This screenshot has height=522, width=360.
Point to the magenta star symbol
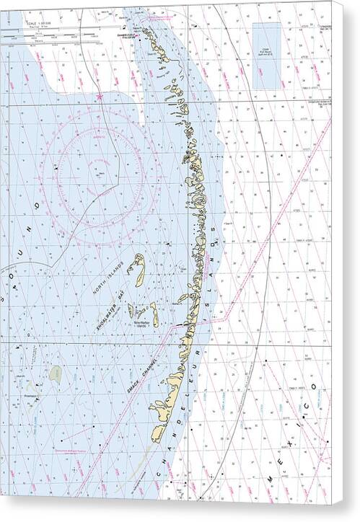click(99, 96)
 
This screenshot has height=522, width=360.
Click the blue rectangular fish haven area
click(266, 47)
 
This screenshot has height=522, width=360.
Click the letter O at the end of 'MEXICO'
click(315, 389)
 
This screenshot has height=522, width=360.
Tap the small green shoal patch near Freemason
click(56, 373)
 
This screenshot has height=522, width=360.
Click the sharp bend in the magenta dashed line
click(226, 317)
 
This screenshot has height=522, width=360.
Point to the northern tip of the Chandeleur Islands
click(146, 29)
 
